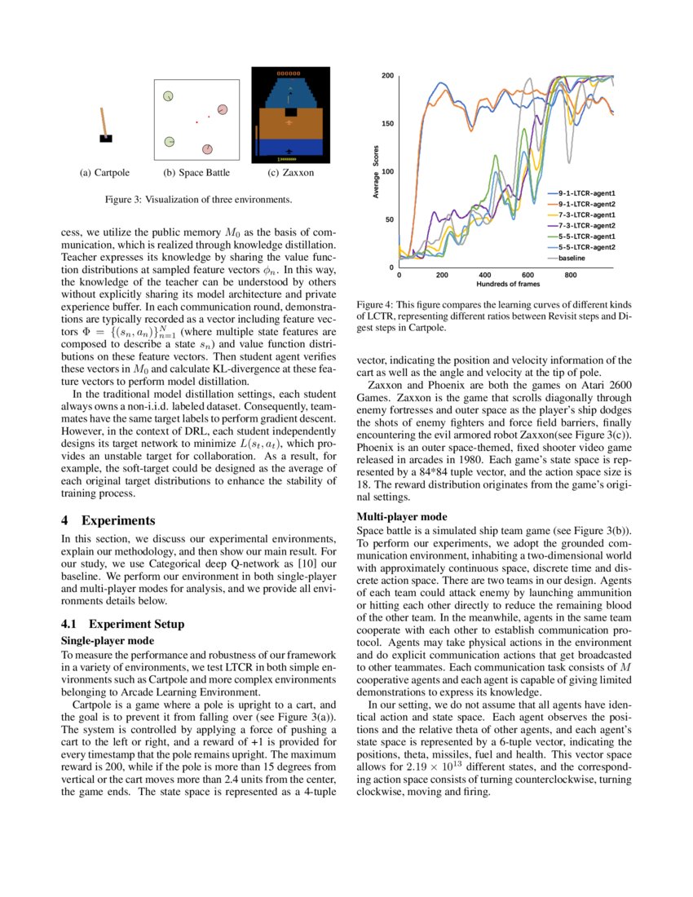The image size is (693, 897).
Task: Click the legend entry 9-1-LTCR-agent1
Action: [585, 192]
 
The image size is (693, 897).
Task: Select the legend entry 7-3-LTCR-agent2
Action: [585, 224]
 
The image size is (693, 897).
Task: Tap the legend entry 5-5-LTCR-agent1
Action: [585, 235]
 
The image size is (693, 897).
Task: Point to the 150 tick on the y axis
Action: [388, 124]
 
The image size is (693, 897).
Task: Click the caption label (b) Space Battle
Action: [196, 173]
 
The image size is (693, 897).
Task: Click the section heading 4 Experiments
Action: [108, 519]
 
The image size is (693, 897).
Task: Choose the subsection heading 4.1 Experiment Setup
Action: [123, 624]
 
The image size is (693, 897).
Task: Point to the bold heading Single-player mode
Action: [105, 641]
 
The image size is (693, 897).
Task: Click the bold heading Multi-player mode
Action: [397, 516]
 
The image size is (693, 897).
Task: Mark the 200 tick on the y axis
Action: [388, 77]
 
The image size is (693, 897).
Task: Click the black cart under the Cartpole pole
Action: [106, 139]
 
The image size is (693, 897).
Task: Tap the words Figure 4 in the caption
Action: [376, 304]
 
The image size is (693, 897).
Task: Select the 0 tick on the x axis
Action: [399, 276]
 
